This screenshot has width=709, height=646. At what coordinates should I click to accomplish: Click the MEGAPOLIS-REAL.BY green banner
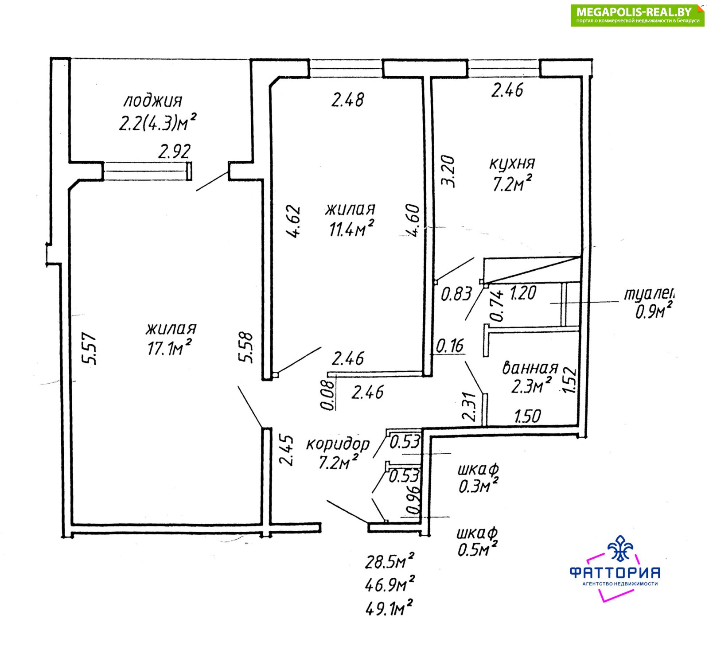point(637,15)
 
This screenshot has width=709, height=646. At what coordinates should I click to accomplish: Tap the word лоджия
point(152,101)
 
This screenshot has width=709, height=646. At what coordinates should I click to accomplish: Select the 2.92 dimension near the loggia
point(175,152)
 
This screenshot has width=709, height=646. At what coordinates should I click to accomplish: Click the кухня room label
point(512,163)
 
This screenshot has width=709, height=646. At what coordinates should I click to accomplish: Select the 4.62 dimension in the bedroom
point(293,222)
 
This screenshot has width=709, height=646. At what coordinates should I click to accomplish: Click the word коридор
point(338,444)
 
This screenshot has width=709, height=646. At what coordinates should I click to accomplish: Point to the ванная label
point(530,368)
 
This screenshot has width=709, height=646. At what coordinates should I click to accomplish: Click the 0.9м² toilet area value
point(654,311)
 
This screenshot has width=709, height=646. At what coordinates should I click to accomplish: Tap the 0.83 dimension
point(456,294)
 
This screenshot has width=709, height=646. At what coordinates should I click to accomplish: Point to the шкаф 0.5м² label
point(477,541)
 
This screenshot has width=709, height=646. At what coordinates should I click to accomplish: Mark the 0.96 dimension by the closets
point(413,501)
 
